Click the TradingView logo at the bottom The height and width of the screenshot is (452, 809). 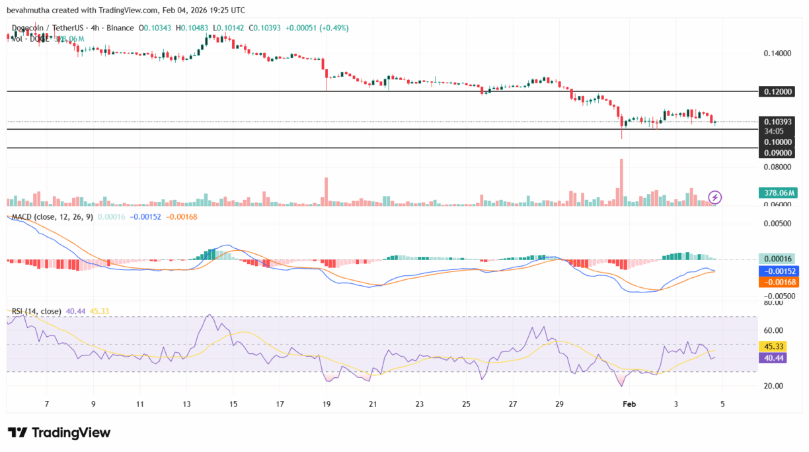point(59,433)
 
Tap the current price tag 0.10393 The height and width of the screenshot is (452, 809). point(778,122)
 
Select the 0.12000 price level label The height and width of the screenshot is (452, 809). point(778,92)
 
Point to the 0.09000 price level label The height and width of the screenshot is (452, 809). point(778,152)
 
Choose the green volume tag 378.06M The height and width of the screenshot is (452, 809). point(778,193)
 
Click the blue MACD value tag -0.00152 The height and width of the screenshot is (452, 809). point(780,271)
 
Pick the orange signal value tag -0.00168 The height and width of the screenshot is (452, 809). point(780,283)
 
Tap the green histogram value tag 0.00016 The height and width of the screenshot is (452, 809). point(778,259)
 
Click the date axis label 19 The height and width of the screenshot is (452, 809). point(326,403)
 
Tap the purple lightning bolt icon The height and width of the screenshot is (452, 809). point(714,197)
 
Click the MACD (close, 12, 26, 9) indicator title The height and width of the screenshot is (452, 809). point(50,216)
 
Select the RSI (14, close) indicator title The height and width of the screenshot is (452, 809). point(36,311)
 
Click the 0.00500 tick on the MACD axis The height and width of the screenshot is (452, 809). point(778,224)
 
